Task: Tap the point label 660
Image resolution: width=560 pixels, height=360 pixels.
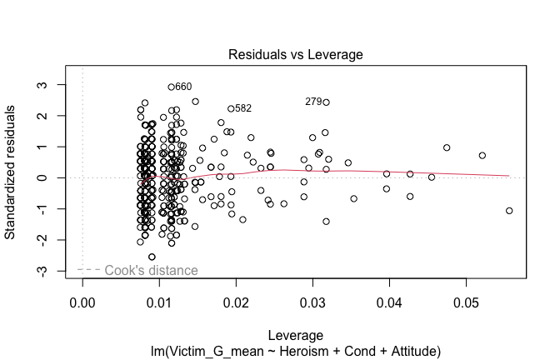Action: [183, 87]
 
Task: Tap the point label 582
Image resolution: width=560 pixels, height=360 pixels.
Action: [243, 108]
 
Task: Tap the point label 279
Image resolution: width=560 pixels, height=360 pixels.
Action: [313, 102]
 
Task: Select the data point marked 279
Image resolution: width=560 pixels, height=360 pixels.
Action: [326, 102]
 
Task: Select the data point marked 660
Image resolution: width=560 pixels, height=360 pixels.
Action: [172, 87]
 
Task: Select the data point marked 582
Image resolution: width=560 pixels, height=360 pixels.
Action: [231, 108]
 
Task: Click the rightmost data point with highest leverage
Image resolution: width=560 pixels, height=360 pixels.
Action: [509, 211]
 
